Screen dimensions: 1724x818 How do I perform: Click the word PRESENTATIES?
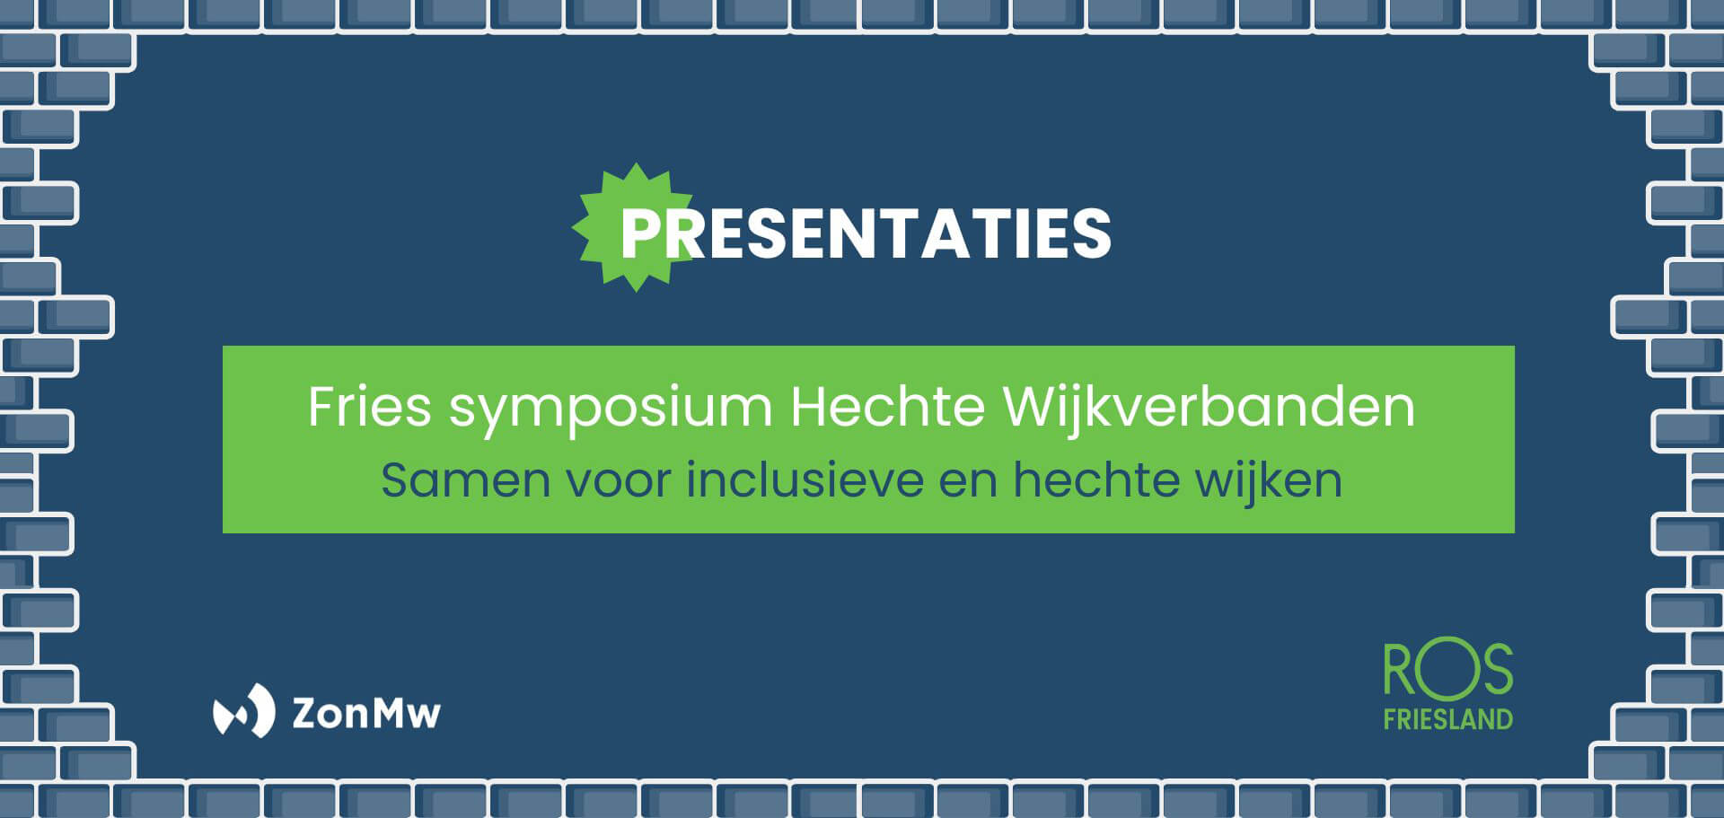[x=866, y=233]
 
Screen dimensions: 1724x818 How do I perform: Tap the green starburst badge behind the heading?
[x=634, y=227]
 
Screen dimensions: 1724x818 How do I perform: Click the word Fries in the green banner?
[x=370, y=407]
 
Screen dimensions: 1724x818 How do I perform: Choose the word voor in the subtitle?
[x=619, y=482]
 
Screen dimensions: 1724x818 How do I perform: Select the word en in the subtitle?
[x=968, y=482]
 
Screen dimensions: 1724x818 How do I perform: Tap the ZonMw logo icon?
[x=243, y=711]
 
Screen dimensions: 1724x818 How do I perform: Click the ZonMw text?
[x=366, y=713]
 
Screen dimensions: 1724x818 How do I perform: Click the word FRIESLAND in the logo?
[x=1448, y=719]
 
